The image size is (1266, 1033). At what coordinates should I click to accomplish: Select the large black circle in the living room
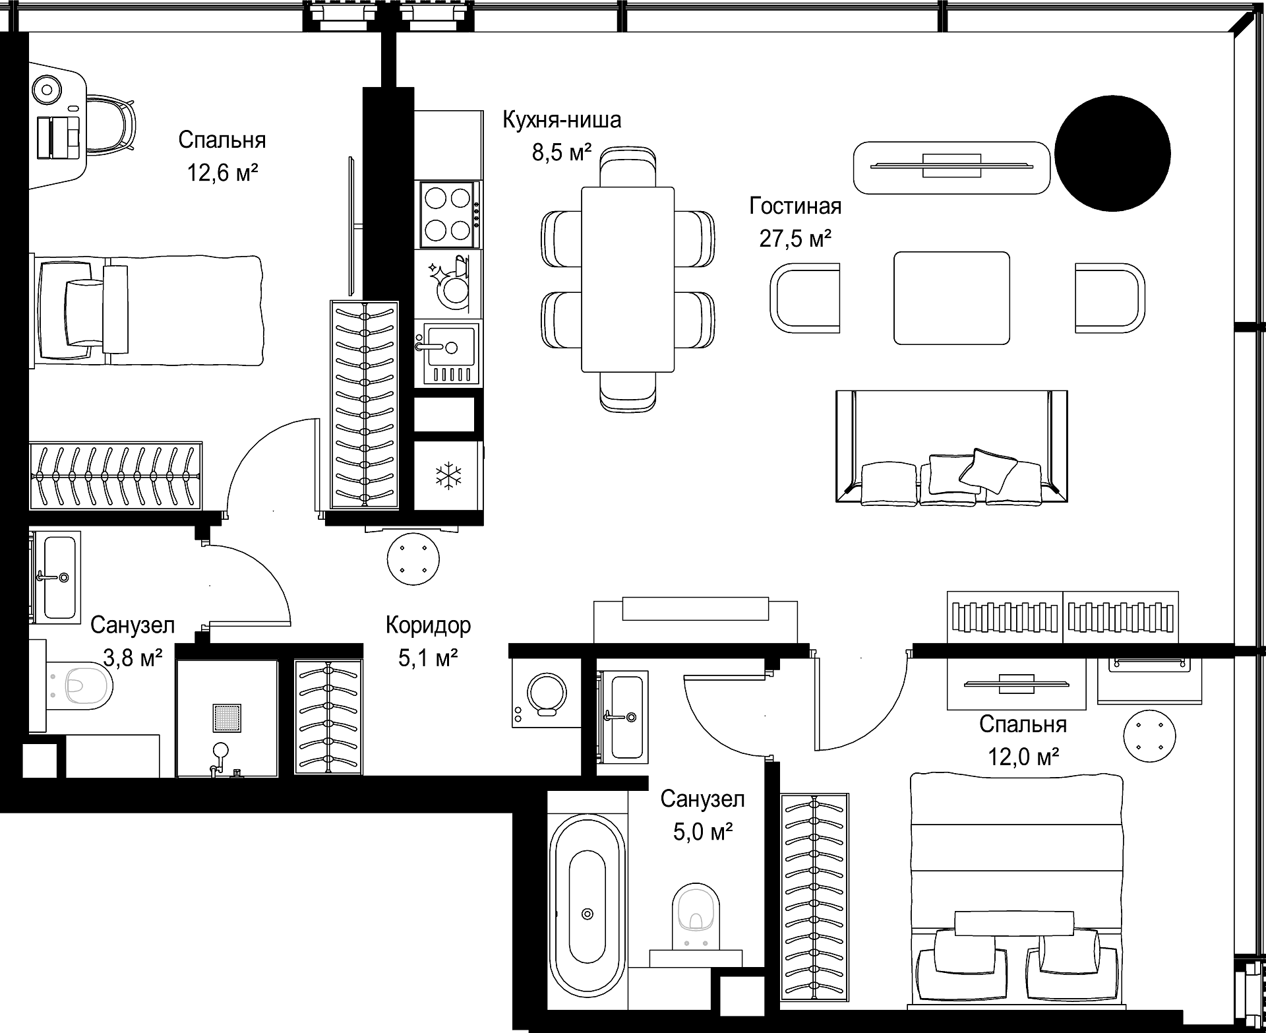point(1112,153)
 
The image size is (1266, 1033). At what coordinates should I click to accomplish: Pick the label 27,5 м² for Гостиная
point(795,237)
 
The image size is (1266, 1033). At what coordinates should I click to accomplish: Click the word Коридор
point(429,625)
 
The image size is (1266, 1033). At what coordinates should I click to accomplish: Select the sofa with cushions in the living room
point(951,448)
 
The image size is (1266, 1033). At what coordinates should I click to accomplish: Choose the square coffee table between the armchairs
point(951,297)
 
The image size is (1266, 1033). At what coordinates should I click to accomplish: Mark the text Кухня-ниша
point(562,120)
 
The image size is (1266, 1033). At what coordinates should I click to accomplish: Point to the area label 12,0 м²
point(1023,756)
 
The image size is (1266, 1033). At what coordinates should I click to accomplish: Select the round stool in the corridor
point(413,558)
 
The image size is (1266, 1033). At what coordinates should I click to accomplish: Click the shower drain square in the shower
point(227,718)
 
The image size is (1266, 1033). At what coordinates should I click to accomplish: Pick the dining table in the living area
point(628,279)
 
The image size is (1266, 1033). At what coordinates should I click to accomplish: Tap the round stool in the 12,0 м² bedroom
point(1150,735)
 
